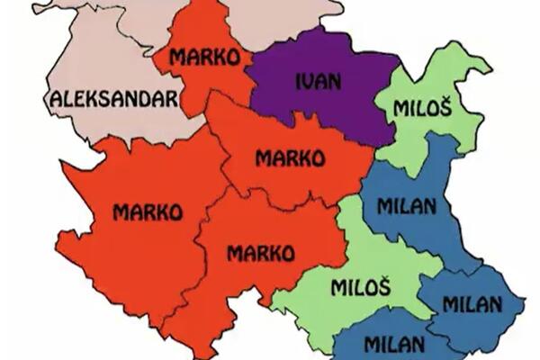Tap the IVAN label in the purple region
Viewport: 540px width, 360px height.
pyautogui.click(x=318, y=80)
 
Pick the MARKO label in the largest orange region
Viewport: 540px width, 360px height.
pyautogui.click(x=148, y=212)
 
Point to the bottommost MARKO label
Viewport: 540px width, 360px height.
pyautogui.click(x=260, y=253)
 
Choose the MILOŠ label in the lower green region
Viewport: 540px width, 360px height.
pyautogui.click(x=360, y=288)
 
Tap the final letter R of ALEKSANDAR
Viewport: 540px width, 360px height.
pyautogui.click(x=170, y=98)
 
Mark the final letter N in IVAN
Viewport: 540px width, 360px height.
pyautogui.click(x=337, y=80)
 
